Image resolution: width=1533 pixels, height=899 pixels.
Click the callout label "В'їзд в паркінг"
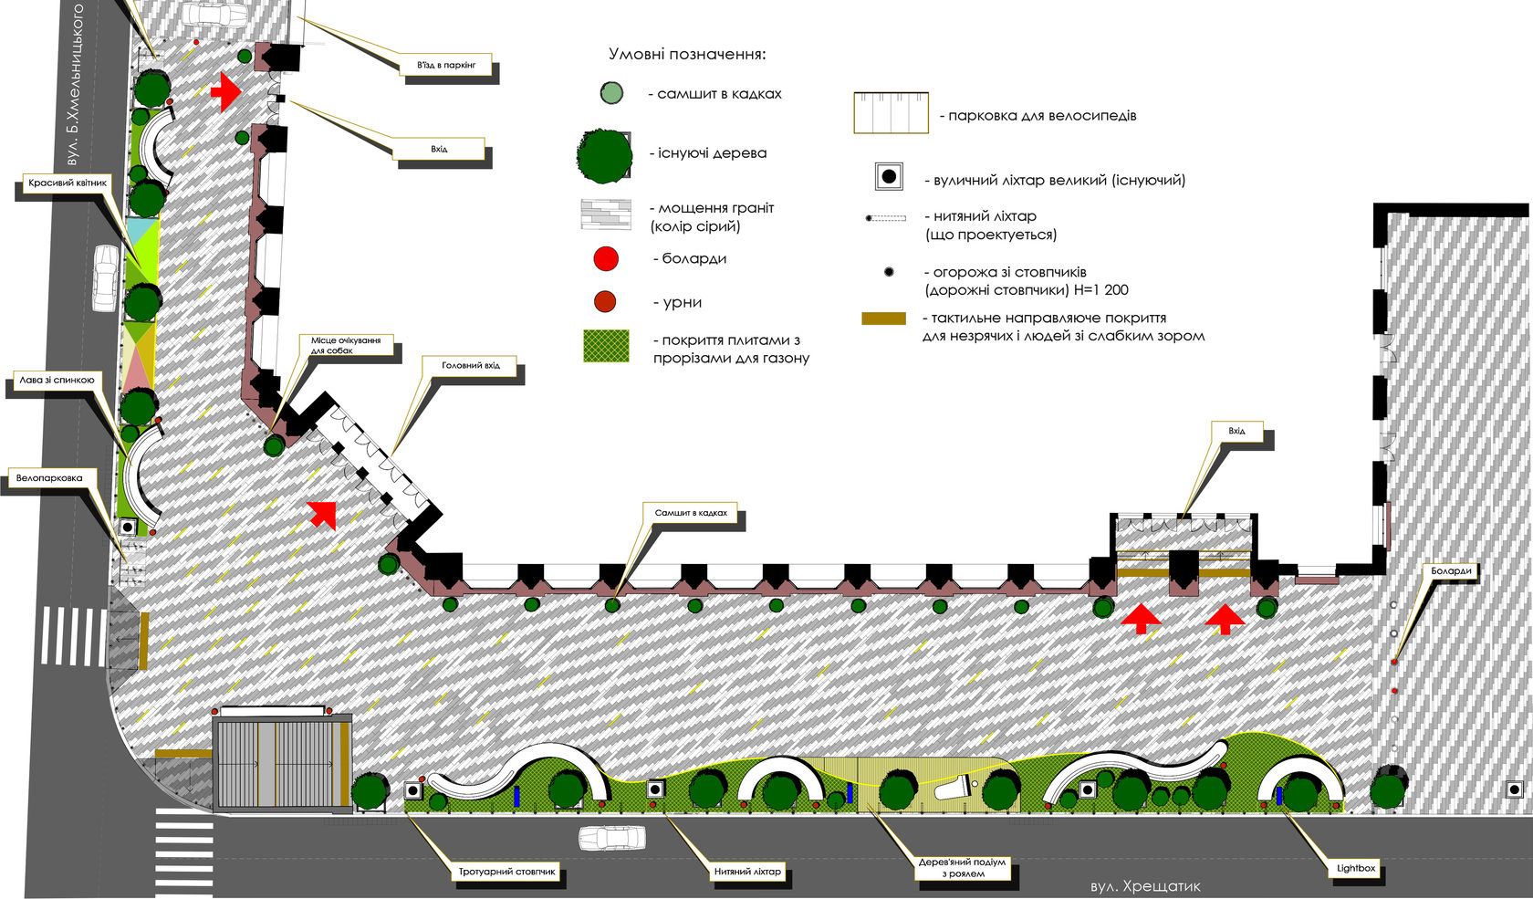point(445,65)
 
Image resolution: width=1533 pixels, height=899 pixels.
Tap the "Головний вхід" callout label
point(470,366)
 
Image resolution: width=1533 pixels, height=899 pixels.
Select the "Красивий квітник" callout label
point(68,183)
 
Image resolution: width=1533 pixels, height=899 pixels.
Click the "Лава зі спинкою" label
point(57,380)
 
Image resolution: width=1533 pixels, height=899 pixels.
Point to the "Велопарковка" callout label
point(49,478)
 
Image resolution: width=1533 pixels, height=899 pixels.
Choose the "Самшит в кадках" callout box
point(691,512)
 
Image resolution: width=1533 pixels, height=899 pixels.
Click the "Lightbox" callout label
point(1356,868)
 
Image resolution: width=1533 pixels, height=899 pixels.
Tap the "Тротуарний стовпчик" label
point(506,872)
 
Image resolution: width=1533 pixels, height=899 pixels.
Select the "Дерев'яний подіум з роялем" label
point(962,867)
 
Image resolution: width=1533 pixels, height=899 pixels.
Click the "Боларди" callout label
point(1451,570)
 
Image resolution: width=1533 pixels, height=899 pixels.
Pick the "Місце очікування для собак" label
point(346,345)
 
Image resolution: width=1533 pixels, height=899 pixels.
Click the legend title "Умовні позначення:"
point(687,54)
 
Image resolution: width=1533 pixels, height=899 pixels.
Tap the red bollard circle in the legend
point(606,259)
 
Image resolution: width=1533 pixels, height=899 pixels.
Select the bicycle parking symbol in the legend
point(891,112)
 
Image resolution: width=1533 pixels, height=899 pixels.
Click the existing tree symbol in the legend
point(604,156)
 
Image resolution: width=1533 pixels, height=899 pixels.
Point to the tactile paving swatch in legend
point(883,319)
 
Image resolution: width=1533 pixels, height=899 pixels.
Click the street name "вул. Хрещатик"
point(1146,886)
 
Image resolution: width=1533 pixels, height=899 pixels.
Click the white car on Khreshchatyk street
point(612,837)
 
